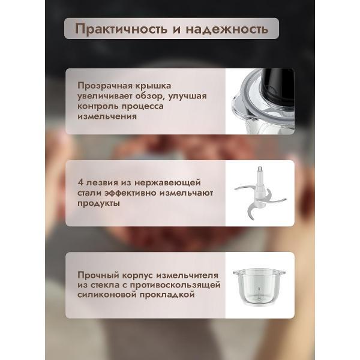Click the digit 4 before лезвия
coord(80,182)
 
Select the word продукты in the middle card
coord(98,203)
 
